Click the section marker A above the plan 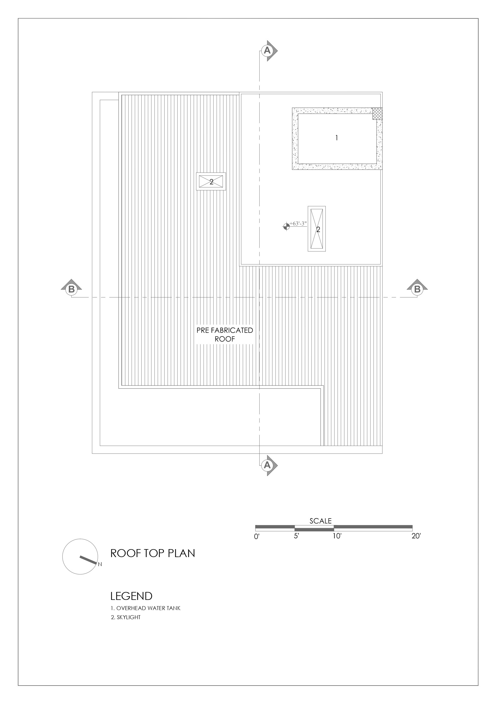click(x=268, y=50)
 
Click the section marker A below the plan click(x=268, y=465)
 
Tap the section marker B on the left click(x=71, y=288)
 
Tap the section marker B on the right click(x=417, y=288)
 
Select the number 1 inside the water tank click(x=336, y=138)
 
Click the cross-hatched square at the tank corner click(x=377, y=113)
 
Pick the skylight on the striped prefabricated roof click(x=211, y=182)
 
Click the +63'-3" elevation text click(x=298, y=224)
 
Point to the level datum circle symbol click(x=286, y=227)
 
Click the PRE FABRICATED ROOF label click(x=225, y=334)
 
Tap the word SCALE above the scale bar click(x=320, y=521)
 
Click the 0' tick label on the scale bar click(x=257, y=537)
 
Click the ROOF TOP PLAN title click(x=153, y=553)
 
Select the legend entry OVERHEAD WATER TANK click(x=146, y=608)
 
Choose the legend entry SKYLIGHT click(x=125, y=617)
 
